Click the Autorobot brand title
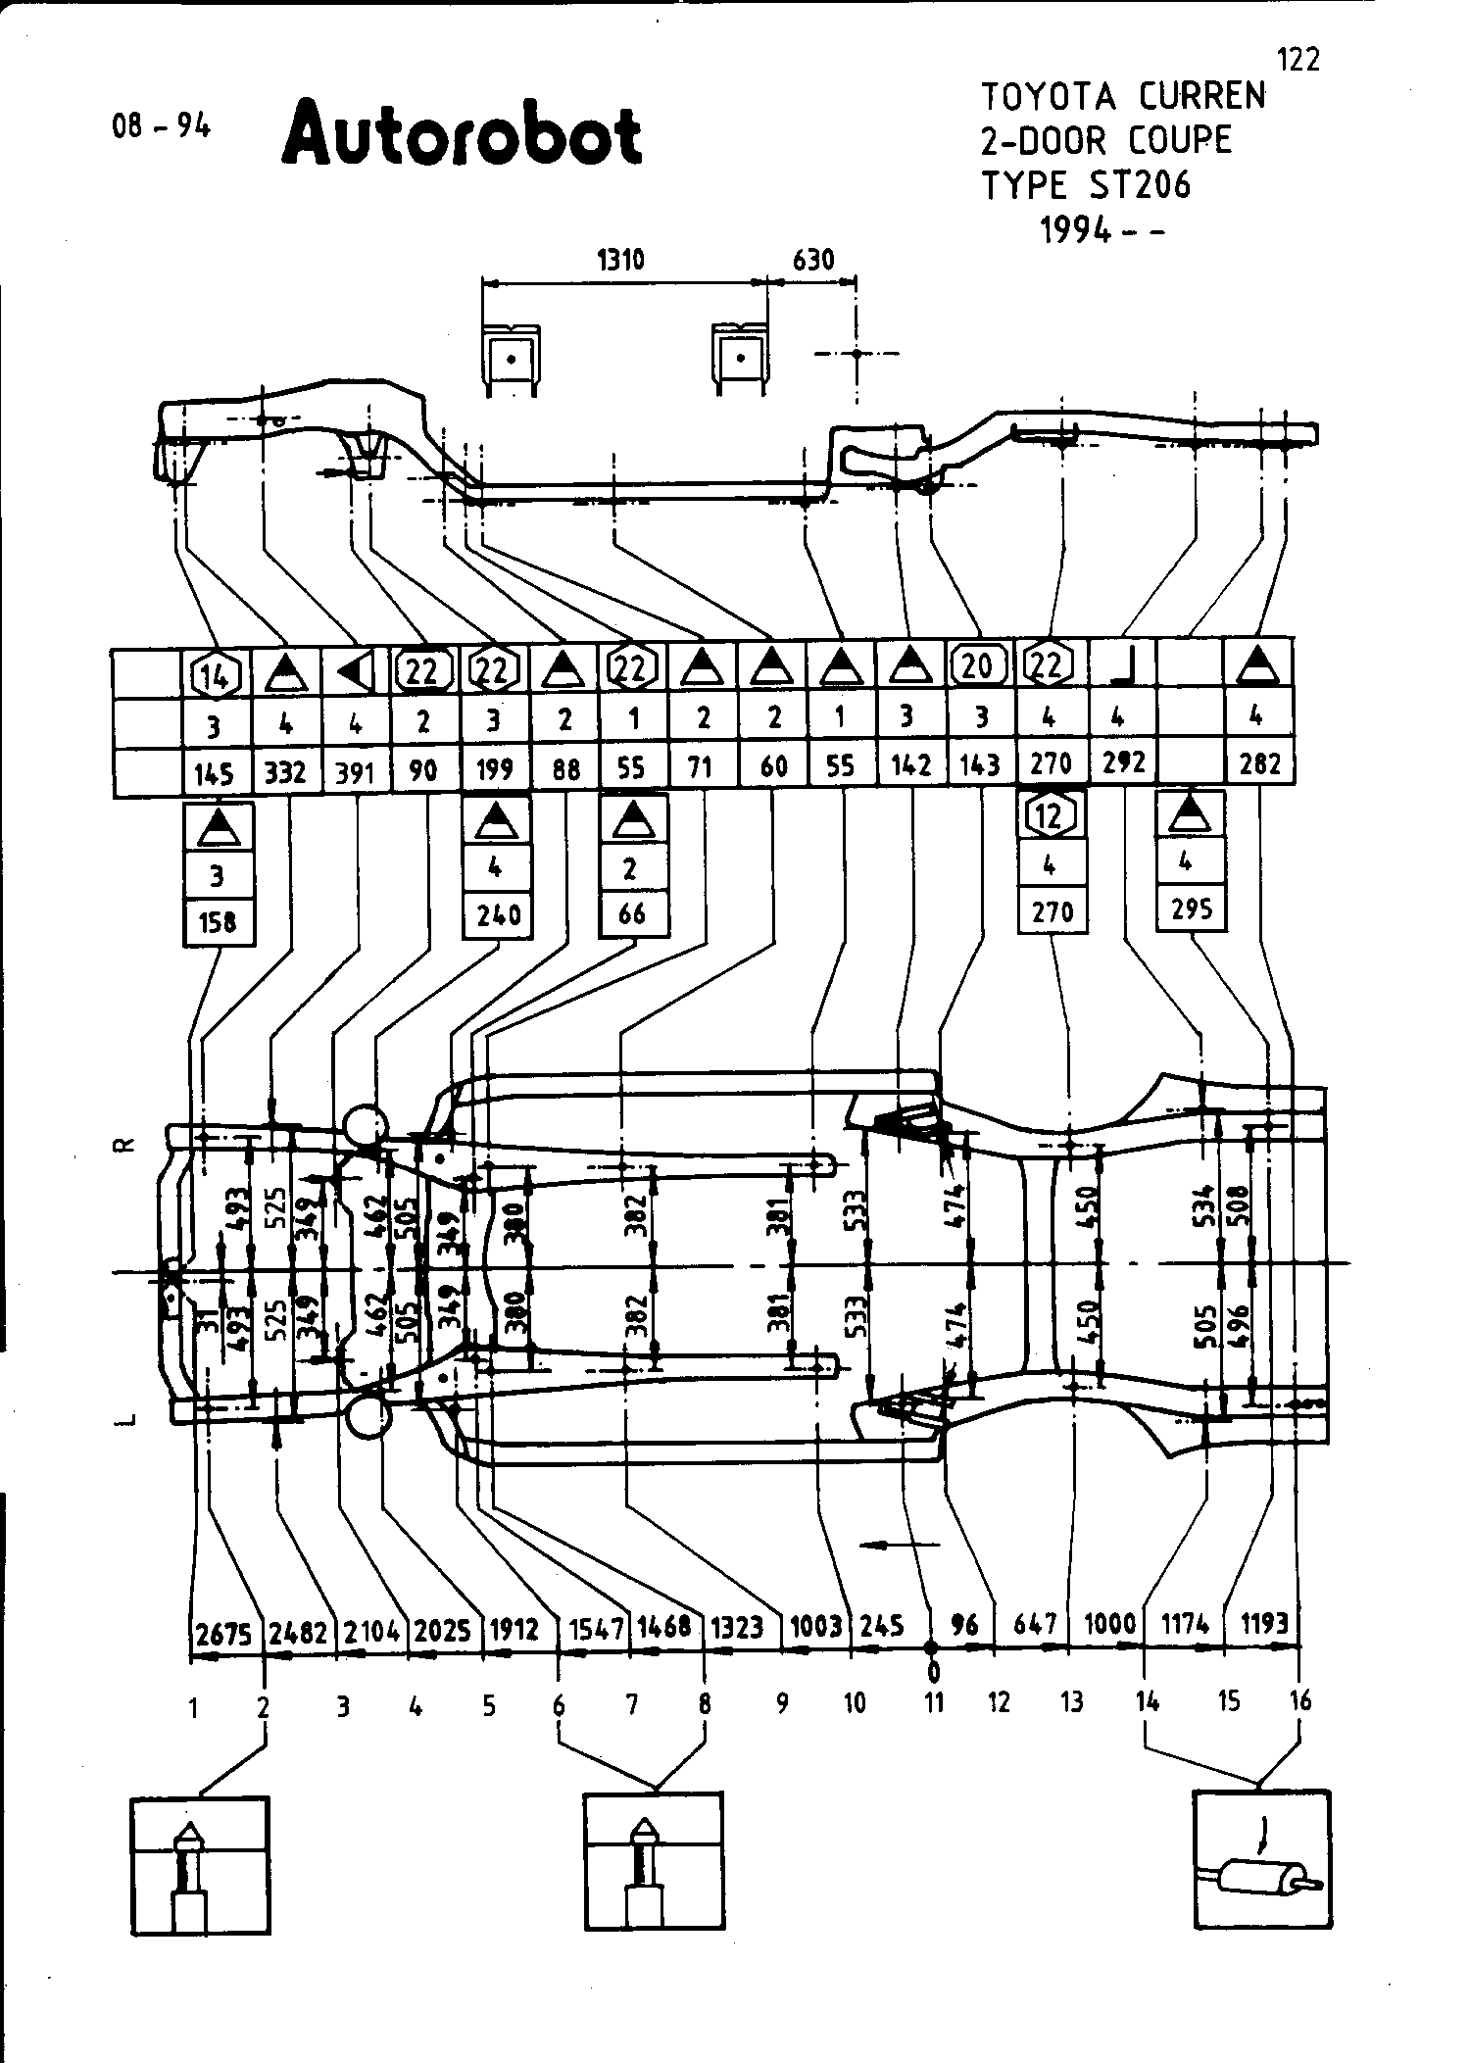[x=462, y=134]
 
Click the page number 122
[x=1299, y=61]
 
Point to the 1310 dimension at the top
[x=620, y=260]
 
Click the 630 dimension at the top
[x=812, y=260]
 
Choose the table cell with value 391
[x=355, y=772]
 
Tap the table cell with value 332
[x=286, y=772]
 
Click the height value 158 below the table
[x=218, y=922]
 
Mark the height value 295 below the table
[x=1192, y=909]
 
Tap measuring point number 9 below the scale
[x=782, y=1703]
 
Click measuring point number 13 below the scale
[x=1072, y=1701]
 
